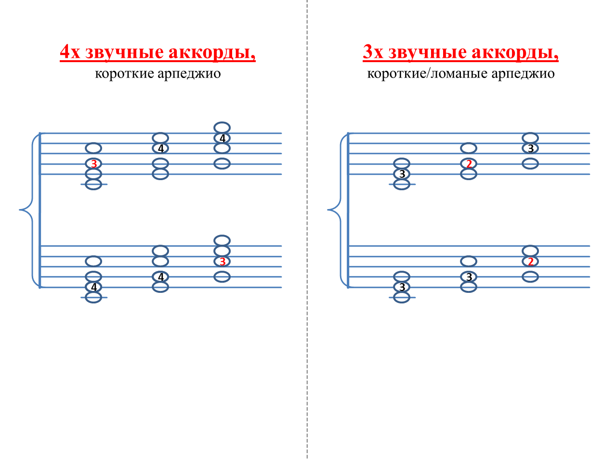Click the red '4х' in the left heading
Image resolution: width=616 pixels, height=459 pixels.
pyautogui.click(x=70, y=52)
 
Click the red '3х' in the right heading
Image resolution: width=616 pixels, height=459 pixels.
pyautogui.click(x=373, y=52)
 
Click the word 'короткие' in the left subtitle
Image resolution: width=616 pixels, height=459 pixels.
pyautogui.click(x=124, y=74)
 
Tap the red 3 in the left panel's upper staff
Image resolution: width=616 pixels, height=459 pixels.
pyautogui.click(x=94, y=164)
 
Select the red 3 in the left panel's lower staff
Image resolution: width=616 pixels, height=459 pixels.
pyautogui.click(x=222, y=262)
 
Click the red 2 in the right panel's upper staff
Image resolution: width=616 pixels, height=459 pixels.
pyautogui.click(x=469, y=164)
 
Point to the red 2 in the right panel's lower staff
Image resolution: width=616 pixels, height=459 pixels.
pyautogui.click(x=530, y=262)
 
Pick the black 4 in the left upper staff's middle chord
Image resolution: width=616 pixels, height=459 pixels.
pyautogui.click(x=161, y=148)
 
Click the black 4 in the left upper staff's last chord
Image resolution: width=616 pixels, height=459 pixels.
pyautogui.click(x=222, y=138)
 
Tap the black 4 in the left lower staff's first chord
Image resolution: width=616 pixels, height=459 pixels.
pyautogui.click(x=94, y=287)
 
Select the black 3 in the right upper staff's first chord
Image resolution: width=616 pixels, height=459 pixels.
pyautogui.click(x=402, y=174)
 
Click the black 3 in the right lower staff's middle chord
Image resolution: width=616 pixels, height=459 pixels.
pyautogui.click(x=469, y=277)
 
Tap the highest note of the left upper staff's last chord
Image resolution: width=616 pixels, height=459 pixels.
pyautogui.click(x=222, y=128)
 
